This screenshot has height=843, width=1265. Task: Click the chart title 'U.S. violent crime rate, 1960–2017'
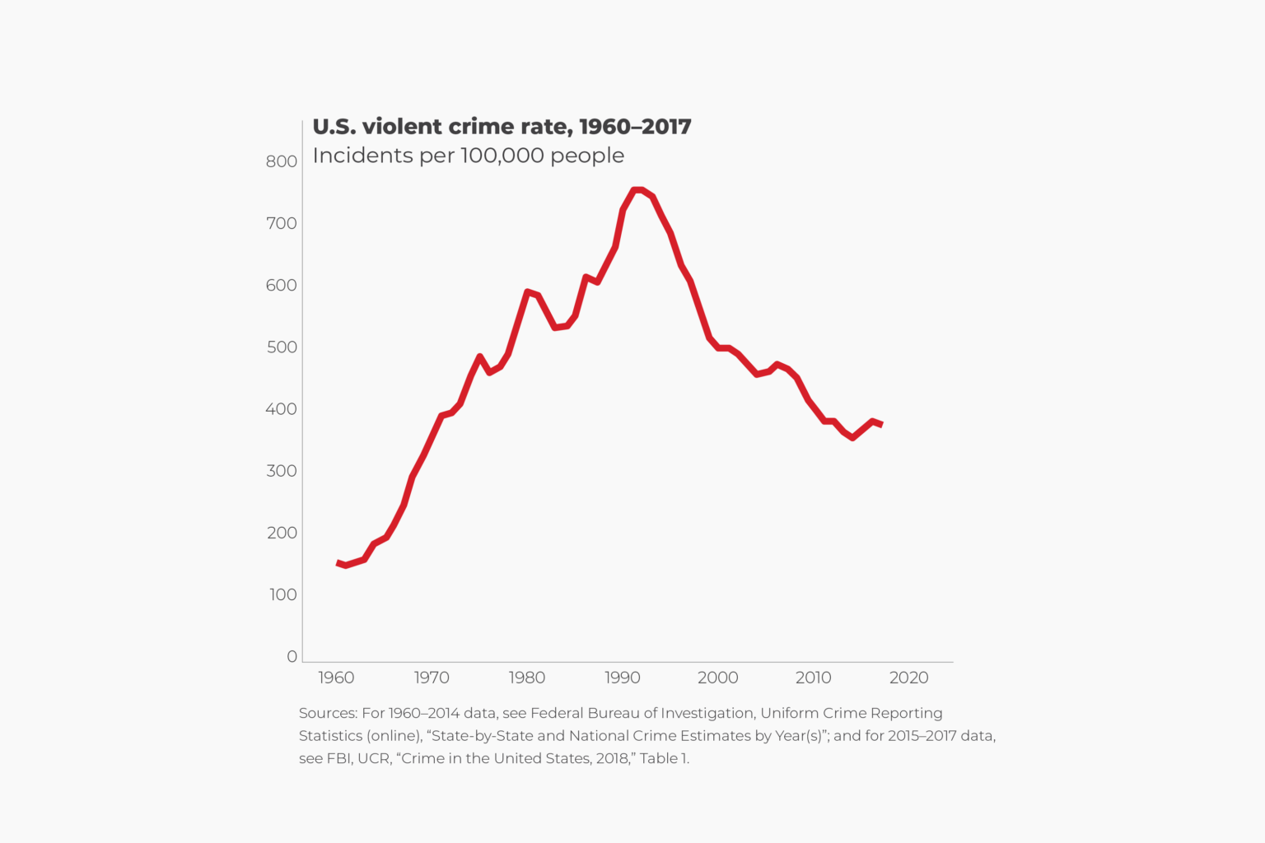(502, 127)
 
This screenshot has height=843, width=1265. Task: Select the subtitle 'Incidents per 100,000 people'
(468, 156)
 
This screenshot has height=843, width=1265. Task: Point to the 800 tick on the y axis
(282, 161)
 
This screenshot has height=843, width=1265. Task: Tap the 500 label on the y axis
(282, 347)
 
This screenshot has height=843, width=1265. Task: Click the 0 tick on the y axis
(292, 656)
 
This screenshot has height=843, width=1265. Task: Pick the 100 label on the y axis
(282, 594)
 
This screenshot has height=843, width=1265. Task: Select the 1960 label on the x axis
(336, 678)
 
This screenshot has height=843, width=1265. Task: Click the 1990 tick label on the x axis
(622, 678)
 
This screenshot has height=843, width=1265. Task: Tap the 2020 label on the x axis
(908, 678)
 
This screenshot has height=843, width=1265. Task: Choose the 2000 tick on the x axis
(717, 678)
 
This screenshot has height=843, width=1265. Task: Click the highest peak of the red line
(637, 190)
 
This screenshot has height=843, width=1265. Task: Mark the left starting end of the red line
(338, 563)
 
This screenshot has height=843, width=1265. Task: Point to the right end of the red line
(881, 425)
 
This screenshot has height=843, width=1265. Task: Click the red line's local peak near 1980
(527, 291)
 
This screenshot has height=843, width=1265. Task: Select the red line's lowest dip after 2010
(852, 437)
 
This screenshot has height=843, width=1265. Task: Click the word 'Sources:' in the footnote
(328, 713)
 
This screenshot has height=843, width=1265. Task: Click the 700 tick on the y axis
(282, 223)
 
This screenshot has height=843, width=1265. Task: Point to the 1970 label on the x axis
(432, 678)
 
